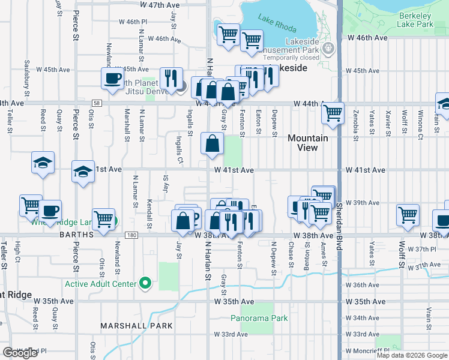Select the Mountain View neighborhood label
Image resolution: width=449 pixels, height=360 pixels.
307,143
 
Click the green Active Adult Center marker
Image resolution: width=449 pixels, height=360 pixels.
145,283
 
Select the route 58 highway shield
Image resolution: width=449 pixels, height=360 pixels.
97,103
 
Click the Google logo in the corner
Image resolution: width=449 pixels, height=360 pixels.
20,352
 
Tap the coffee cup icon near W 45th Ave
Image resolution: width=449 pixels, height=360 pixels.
112,79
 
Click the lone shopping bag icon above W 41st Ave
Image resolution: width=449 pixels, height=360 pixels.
212,144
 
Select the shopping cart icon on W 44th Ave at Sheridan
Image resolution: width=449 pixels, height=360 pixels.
333,112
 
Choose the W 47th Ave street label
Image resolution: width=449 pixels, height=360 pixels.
160,5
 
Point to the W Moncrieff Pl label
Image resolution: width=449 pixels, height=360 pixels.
366,350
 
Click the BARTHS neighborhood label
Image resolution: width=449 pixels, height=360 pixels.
76,235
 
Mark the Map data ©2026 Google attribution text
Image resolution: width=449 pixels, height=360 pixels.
412,355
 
